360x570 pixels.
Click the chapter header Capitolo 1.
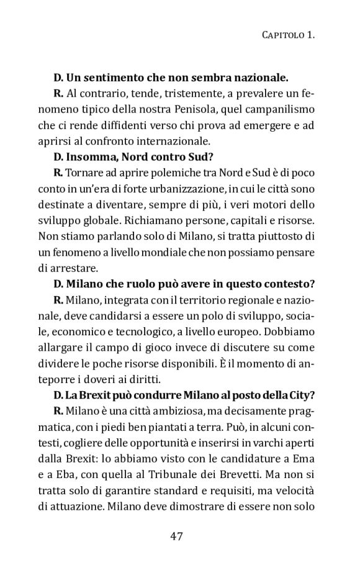pyautogui.click(x=287, y=36)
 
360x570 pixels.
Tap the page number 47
pyautogui.click(x=179, y=536)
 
